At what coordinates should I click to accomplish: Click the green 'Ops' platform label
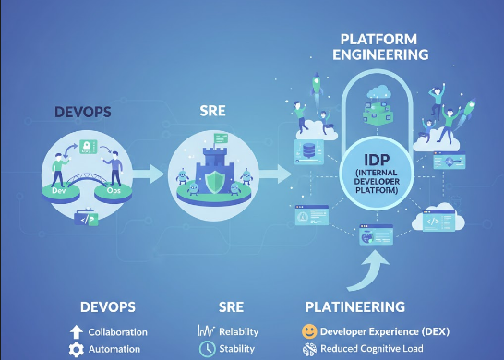coord(114,190)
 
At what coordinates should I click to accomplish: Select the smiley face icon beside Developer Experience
coord(309,330)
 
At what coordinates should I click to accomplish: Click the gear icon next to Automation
coord(77,349)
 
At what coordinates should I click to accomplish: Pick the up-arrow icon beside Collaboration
coord(77,330)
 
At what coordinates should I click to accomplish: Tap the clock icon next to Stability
coord(208,349)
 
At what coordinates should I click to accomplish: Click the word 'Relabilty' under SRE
coord(238,331)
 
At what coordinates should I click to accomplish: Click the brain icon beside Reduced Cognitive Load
coord(309,349)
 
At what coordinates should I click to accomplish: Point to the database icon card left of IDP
coord(307,151)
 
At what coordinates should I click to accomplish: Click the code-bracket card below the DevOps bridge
coord(86,220)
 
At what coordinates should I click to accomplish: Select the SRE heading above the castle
coord(213,111)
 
